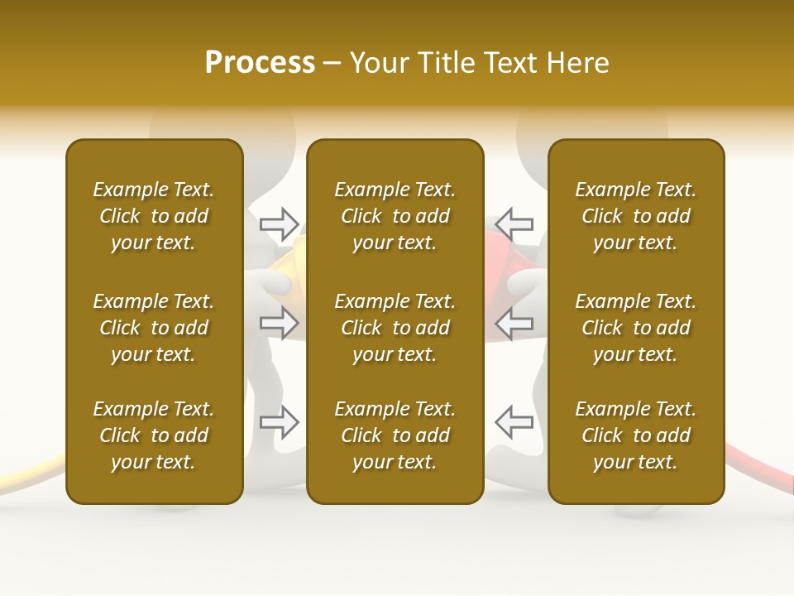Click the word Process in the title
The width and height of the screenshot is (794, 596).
260,63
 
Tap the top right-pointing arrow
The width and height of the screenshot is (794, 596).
280,223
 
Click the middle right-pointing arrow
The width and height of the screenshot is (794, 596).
280,323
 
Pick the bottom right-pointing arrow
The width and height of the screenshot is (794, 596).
280,422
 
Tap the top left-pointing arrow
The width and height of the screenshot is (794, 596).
514,223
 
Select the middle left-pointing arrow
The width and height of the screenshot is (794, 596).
514,323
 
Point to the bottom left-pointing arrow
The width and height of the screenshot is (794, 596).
514,422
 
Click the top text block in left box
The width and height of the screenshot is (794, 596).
154,216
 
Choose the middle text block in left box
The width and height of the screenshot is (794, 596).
154,328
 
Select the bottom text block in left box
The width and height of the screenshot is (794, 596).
154,435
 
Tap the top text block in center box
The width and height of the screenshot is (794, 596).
395,216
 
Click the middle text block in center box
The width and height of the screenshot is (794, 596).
395,328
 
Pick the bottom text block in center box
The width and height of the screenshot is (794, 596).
395,435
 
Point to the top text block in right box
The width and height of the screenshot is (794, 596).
635,216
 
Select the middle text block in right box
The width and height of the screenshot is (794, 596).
635,328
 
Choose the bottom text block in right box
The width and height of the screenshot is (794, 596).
635,435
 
